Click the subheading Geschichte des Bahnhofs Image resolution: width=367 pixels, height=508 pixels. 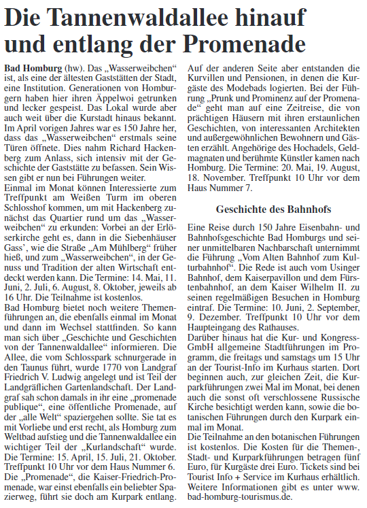pos(273,209)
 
